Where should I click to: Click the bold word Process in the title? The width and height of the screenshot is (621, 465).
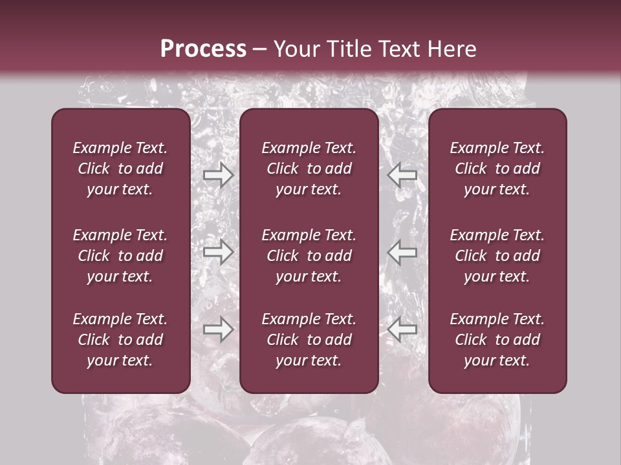click(x=203, y=49)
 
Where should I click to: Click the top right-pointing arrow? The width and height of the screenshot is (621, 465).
click(x=218, y=175)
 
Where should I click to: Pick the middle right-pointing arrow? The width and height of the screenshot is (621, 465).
click(x=218, y=252)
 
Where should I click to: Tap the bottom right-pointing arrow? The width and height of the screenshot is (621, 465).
click(x=218, y=329)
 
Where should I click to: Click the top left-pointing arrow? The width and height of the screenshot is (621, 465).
click(x=402, y=175)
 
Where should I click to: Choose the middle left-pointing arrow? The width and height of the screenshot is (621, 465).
click(x=402, y=252)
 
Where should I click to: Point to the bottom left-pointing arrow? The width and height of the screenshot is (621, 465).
click(x=402, y=329)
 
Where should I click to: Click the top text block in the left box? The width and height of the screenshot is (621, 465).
click(x=120, y=169)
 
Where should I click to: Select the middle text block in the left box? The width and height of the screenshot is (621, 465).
click(x=120, y=256)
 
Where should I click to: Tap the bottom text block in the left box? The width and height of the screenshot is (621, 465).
click(x=120, y=340)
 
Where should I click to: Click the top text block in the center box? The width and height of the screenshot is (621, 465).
click(x=309, y=169)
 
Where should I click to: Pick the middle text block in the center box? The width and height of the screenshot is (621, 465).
click(x=309, y=256)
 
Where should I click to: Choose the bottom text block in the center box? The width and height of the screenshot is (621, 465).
click(x=309, y=340)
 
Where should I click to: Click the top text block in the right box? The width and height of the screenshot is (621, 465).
click(x=497, y=169)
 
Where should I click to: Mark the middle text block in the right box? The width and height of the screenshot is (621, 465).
click(x=497, y=256)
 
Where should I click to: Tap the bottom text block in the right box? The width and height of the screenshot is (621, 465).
click(x=497, y=340)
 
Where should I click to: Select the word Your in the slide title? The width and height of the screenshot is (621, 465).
click(x=295, y=49)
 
